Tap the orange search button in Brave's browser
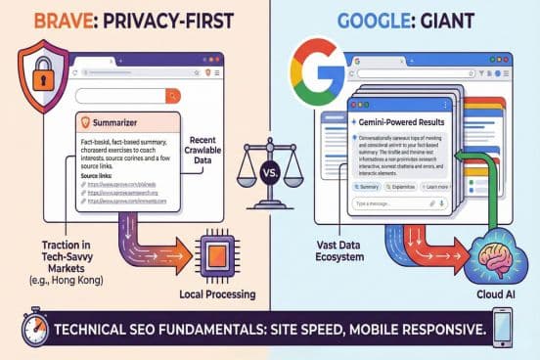173,95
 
